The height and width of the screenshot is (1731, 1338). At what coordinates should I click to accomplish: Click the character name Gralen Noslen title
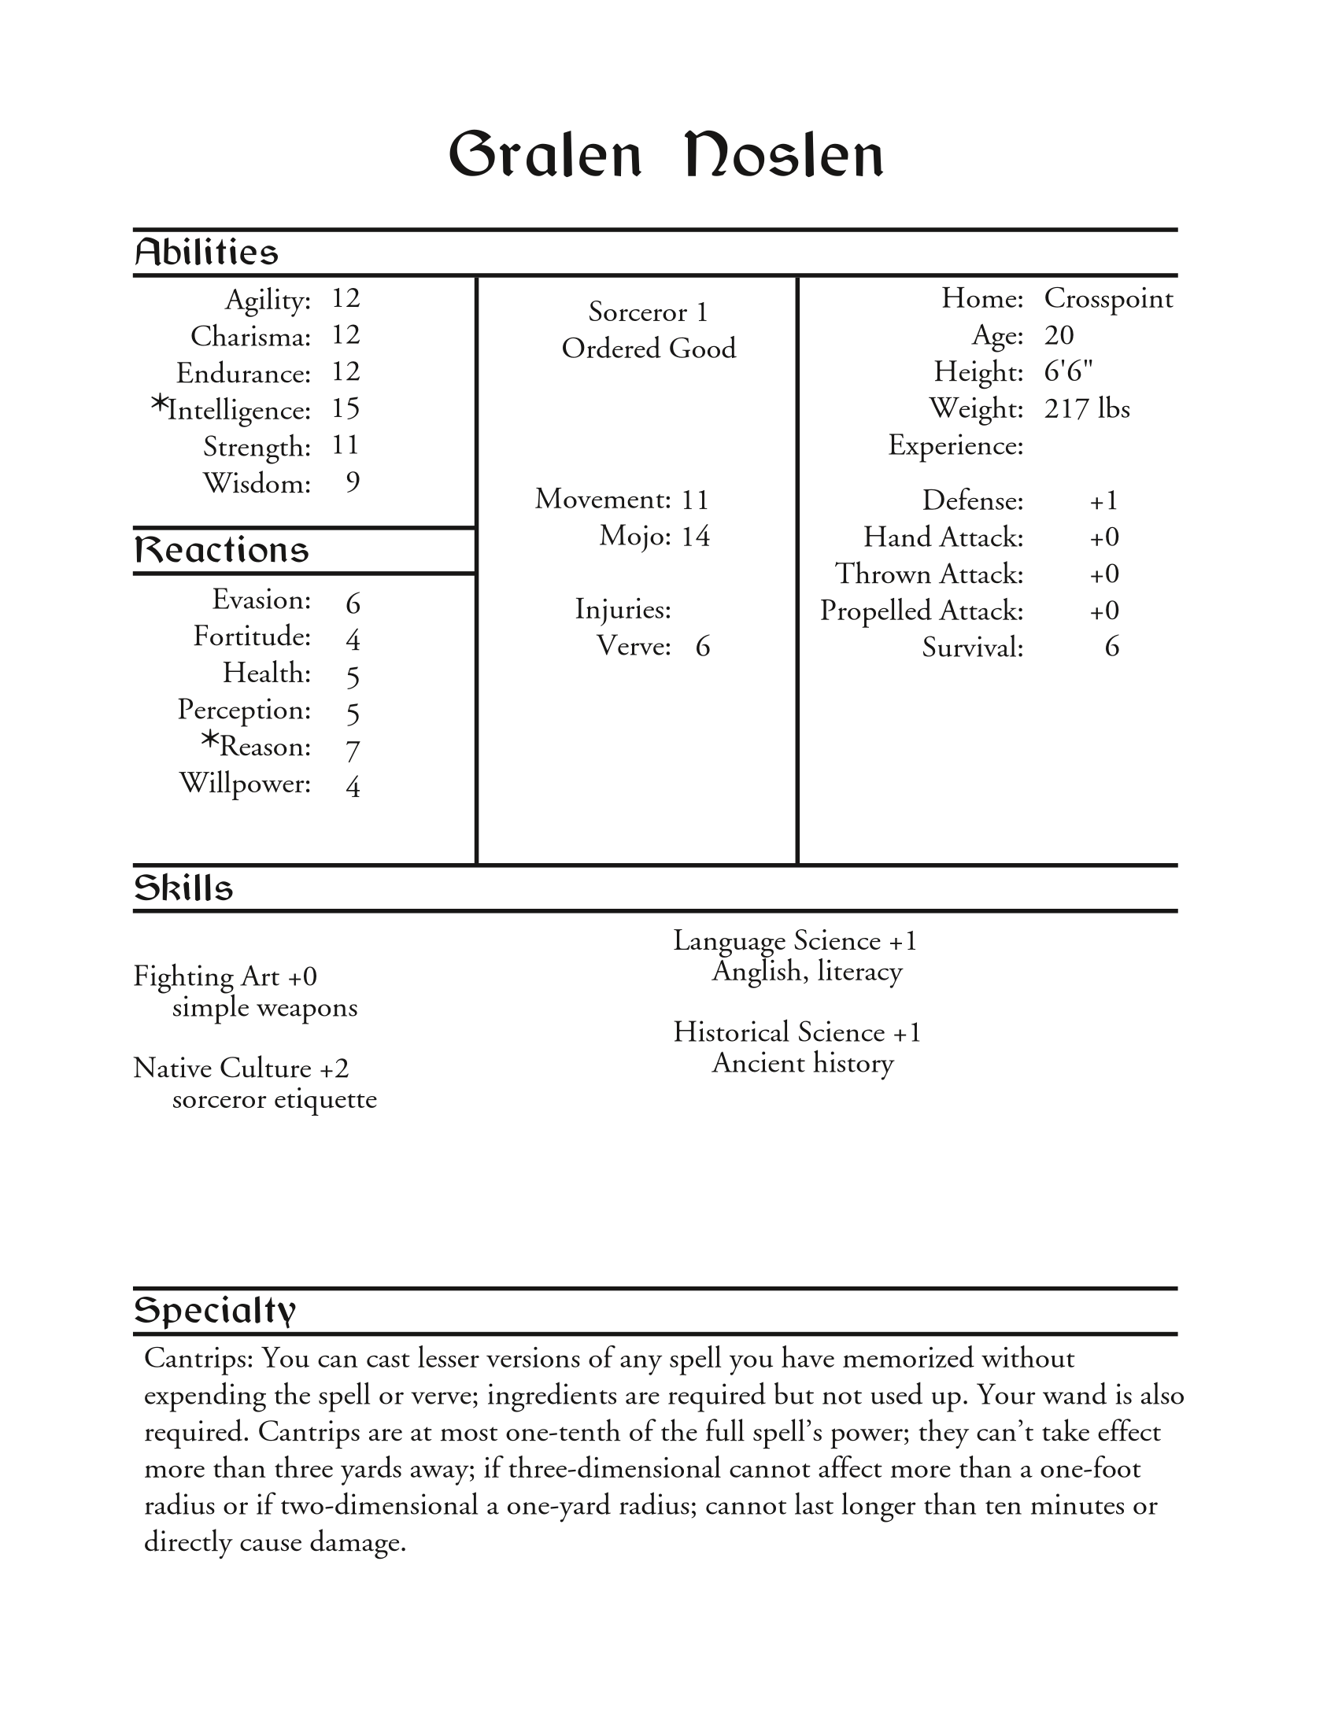coord(666,154)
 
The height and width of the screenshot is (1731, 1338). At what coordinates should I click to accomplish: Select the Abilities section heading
coord(206,253)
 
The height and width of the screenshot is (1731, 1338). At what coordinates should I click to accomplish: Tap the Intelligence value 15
coord(346,409)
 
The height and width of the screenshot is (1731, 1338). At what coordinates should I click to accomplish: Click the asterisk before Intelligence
coord(159,405)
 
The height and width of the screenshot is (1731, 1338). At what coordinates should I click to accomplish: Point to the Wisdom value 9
coord(353,482)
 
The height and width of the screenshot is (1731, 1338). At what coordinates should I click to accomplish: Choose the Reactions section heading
coord(221,550)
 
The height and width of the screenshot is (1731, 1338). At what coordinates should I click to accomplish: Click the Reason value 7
coord(353,750)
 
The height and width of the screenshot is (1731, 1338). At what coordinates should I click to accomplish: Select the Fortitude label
coord(252,637)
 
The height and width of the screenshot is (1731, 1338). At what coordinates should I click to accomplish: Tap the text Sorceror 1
coord(648,312)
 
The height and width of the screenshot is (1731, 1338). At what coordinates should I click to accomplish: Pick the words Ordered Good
coord(649,349)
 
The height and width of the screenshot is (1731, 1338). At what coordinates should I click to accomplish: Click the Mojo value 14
coord(695,537)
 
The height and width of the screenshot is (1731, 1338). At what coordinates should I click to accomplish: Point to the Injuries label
coord(623,610)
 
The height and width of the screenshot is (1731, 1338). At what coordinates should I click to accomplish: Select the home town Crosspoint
coord(1108,299)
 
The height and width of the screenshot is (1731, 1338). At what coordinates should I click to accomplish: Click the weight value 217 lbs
coord(1087,409)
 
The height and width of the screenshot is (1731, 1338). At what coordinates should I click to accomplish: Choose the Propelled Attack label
coord(921,611)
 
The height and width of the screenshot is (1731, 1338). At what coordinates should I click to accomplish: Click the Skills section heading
coord(183,888)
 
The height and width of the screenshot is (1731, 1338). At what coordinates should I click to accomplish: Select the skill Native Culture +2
coord(241,1068)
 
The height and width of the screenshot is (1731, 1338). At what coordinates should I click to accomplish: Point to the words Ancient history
coord(802,1064)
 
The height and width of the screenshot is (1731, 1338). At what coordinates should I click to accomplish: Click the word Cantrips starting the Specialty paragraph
coord(198,1359)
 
